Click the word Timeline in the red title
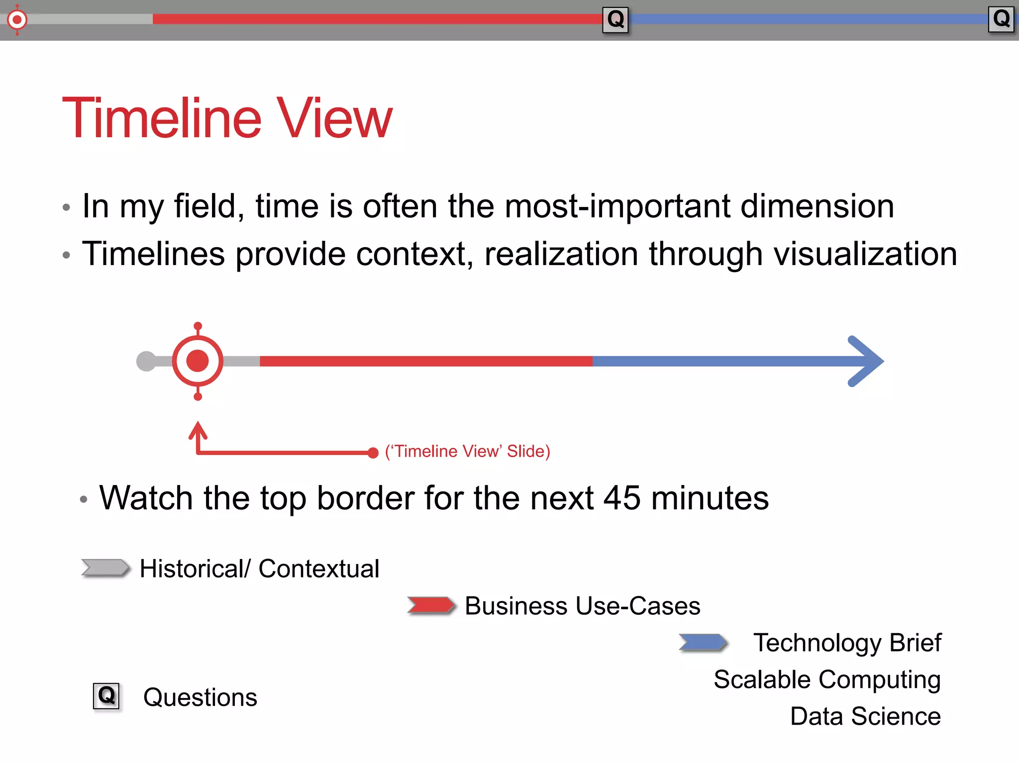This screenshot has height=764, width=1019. point(162,118)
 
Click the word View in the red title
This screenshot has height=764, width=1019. point(334,118)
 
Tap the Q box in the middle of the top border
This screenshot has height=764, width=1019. point(615,20)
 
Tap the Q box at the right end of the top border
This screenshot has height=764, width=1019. point(1001,19)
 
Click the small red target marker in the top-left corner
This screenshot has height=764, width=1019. point(17,20)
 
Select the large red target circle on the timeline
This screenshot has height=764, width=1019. point(198,361)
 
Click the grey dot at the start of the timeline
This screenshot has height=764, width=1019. point(146,361)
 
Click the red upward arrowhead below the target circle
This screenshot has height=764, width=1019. point(198,431)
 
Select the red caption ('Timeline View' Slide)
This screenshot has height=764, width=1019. point(467,451)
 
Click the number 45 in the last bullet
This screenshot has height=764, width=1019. point(621,498)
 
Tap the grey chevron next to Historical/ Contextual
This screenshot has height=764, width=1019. point(105,568)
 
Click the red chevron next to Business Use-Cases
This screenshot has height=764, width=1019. point(431,605)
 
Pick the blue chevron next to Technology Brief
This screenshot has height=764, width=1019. point(703,642)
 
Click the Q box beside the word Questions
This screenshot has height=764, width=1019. point(106,696)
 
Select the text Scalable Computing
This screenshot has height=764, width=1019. point(827,679)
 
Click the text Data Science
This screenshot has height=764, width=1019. point(865,716)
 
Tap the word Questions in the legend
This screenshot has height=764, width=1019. point(200,697)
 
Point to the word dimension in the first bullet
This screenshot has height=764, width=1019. point(817,206)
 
